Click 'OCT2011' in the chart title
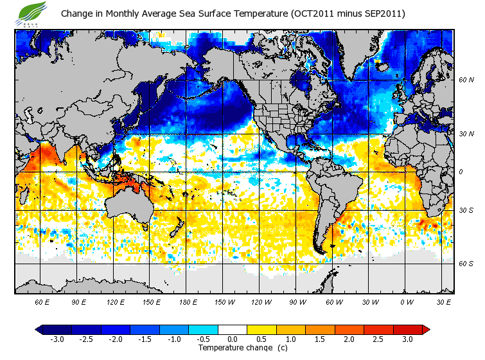point(315,14)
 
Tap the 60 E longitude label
point(42,301)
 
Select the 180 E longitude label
point(188,301)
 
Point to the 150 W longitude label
point(224,301)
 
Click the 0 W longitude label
point(407,301)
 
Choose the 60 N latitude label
point(466,80)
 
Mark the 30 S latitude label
point(466,211)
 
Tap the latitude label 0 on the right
point(462,172)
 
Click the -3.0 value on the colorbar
point(57,339)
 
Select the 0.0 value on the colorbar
point(233,339)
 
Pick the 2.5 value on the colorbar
point(378,339)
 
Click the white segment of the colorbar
point(233,330)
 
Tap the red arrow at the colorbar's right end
point(427,330)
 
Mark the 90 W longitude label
point(297,301)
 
